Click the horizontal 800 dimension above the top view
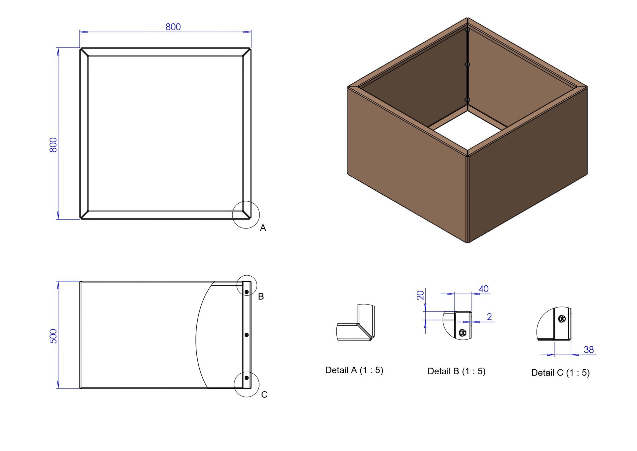click(173, 27)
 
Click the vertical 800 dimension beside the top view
click(53, 145)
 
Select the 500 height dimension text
click(53, 336)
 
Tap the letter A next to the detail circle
click(263, 228)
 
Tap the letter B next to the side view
click(261, 297)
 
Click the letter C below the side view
click(264, 395)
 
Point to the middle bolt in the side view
click(247, 335)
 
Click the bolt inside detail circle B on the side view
click(247, 292)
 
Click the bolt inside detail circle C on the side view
click(247, 378)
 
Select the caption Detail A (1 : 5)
click(354, 370)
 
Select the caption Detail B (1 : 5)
click(456, 371)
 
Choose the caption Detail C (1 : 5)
click(560, 373)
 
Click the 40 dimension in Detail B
click(483, 289)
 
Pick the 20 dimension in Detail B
click(420, 295)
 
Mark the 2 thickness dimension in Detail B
click(489, 317)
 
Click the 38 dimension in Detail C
click(589, 350)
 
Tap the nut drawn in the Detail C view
click(562, 319)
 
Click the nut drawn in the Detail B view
click(462, 332)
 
